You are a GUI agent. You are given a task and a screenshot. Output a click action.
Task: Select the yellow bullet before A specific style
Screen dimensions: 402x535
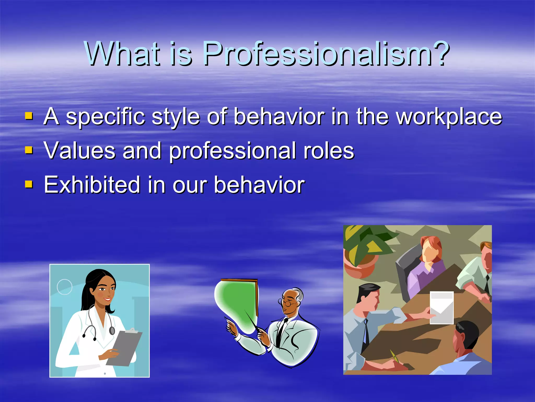pos(29,116)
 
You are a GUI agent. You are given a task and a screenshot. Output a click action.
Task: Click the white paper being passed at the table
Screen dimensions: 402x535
pos(441,308)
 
